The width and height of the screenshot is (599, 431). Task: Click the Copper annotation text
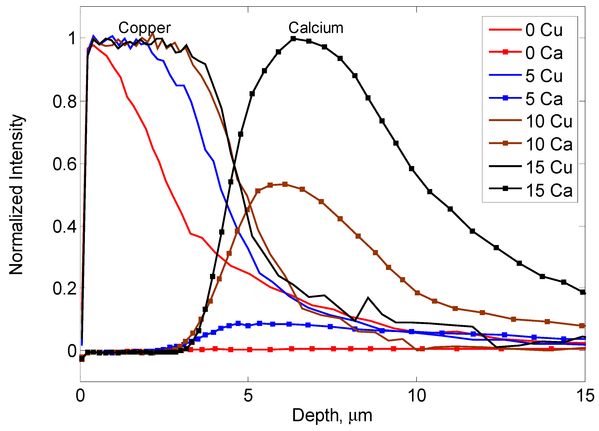coord(144,28)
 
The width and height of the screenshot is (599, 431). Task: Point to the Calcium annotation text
coord(316,28)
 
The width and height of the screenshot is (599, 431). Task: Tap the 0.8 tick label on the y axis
coord(65,101)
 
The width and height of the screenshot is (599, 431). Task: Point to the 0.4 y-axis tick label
coord(65,226)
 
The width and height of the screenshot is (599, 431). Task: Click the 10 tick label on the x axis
coord(417,396)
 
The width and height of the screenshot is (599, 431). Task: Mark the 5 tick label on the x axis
coord(248,396)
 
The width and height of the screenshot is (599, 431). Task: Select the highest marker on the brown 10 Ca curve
coord(285,184)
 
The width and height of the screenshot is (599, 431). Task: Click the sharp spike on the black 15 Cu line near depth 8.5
coord(368,298)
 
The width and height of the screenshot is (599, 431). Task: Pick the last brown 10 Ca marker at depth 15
coord(582,326)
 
